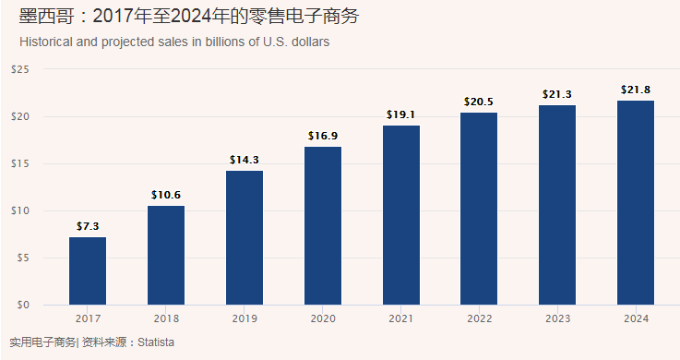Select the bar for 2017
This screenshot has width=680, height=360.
[x=88, y=270]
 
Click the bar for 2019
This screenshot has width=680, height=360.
[x=245, y=237]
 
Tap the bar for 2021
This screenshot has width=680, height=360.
[x=401, y=215]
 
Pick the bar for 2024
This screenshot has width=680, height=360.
[x=636, y=202]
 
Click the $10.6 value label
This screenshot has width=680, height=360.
[x=166, y=195]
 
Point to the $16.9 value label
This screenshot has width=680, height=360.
[x=323, y=136]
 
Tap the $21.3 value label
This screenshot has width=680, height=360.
[x=557, y=94]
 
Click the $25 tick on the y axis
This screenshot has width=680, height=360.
[x=20, y=69]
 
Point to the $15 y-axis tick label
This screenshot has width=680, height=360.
[x=20, y=163]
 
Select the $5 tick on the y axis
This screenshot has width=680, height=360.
[x=23, y=258]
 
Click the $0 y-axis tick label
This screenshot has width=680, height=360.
[x=23, y=305]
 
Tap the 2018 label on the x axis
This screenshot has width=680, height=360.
[x=166, y=318]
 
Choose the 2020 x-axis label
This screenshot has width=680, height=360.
[x=323, y=318]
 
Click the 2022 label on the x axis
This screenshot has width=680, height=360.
[x=479, y=318]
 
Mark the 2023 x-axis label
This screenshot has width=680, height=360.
[x=557, y=318]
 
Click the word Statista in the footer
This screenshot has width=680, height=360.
[x=156, y=342]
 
